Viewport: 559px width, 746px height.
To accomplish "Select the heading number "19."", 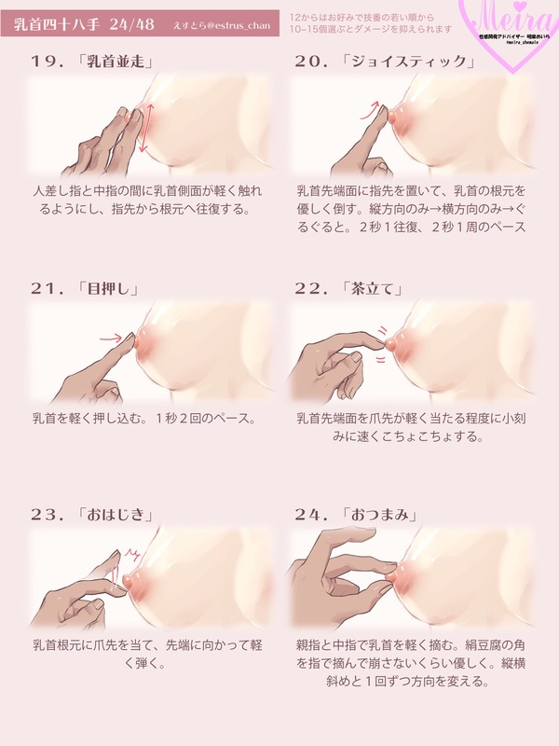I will (x=49, y=62).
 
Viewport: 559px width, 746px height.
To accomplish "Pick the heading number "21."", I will (x=49, y=289).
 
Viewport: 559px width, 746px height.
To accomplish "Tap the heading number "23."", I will (x=49, y=515).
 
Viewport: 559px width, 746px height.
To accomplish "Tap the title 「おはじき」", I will (x=116, y=515).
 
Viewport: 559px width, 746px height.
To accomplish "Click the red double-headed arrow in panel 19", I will (x=142, y=131).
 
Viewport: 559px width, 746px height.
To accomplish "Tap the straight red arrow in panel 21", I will (x=112, y=339).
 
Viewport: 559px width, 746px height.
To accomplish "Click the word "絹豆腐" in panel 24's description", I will (x=474, y=644).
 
